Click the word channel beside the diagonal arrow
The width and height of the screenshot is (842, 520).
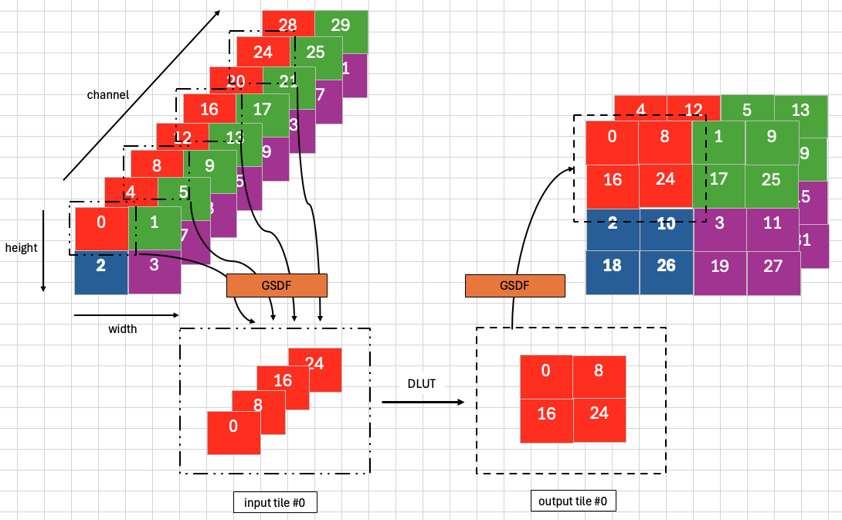click(108, 95)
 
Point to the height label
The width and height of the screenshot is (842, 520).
click(21, 248)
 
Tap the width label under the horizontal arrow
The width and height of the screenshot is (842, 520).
click(122, 329)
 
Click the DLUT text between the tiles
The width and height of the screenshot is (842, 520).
click(421, 384)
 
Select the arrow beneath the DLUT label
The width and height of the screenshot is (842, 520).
click(423, 402)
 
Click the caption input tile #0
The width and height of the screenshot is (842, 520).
click(275, 503)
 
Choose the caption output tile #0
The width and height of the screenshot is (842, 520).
click(573, 501)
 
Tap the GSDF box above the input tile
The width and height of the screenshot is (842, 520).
click(277, 285)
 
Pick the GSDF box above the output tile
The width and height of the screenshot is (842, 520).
click(515, 285)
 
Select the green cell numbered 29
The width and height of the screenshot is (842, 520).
click(341, 25)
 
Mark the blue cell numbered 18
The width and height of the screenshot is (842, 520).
click(612, 266)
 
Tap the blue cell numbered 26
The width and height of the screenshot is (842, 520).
click(666, 266)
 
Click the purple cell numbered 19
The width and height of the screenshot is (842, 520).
click(720, 267)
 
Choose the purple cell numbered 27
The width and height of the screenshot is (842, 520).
click(772, 267)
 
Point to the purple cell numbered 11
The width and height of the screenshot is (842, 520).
click(772, 224)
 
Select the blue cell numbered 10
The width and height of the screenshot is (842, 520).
click(666, 224)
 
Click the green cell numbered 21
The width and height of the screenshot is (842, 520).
click(288, 82)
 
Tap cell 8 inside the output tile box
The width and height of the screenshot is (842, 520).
click(599, 371)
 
